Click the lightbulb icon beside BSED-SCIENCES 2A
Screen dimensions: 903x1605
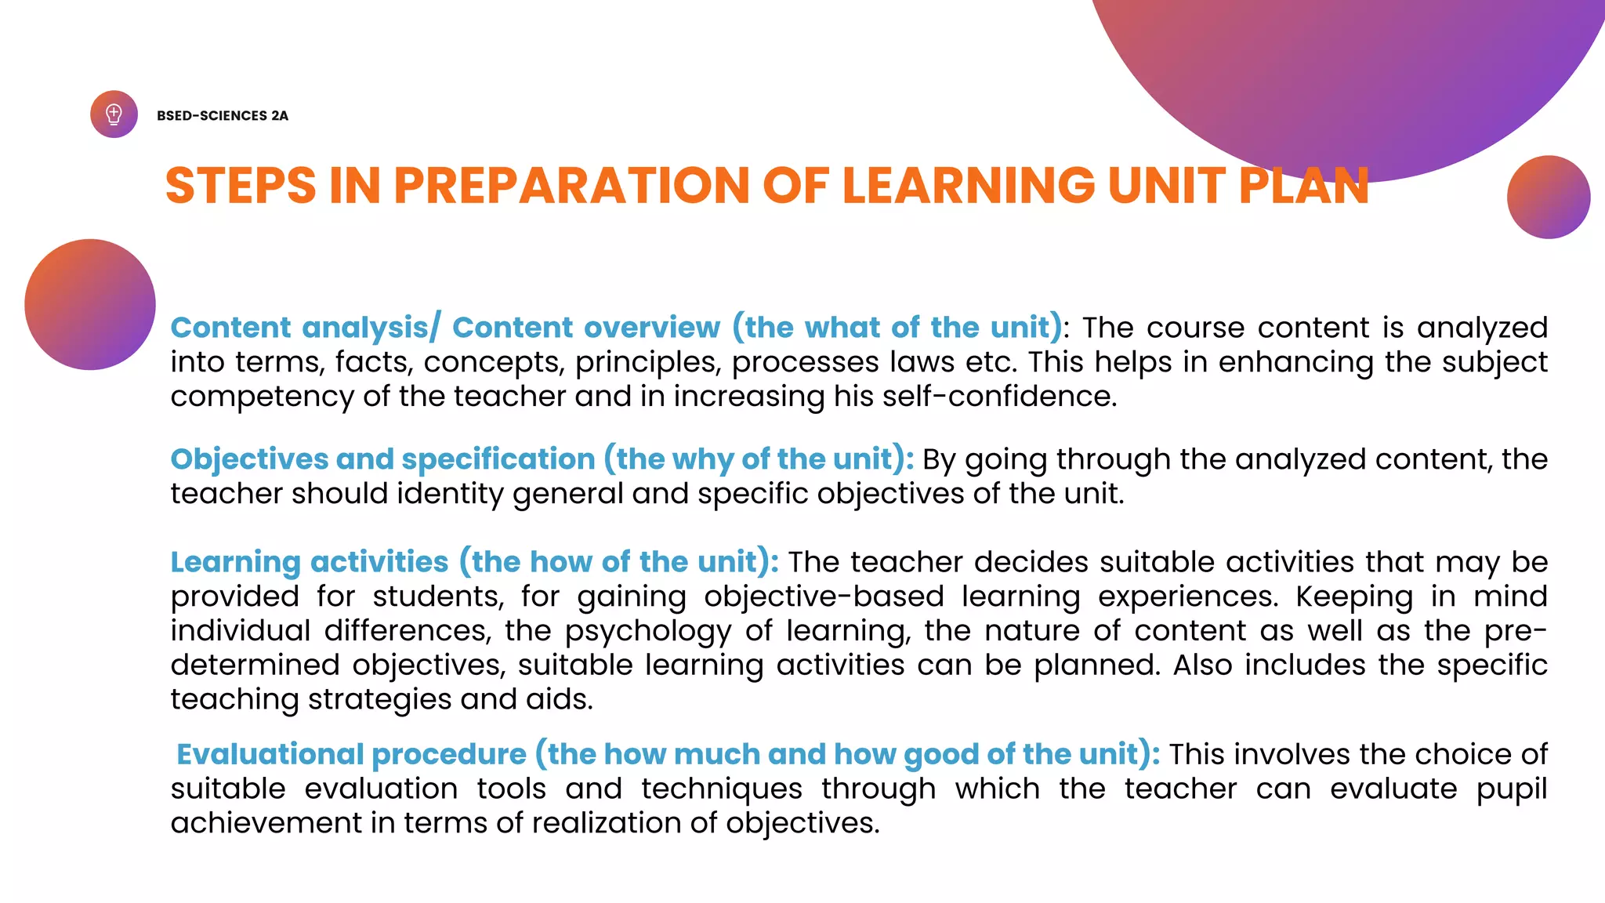114,114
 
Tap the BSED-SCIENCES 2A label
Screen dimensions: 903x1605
223,116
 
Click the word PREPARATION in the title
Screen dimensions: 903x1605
571,186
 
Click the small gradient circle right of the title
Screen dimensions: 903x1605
1548,197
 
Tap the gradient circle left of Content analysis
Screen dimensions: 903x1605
90,304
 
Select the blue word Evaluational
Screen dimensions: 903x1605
270,754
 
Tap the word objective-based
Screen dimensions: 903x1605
824,597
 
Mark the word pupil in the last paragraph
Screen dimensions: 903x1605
1512,789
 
